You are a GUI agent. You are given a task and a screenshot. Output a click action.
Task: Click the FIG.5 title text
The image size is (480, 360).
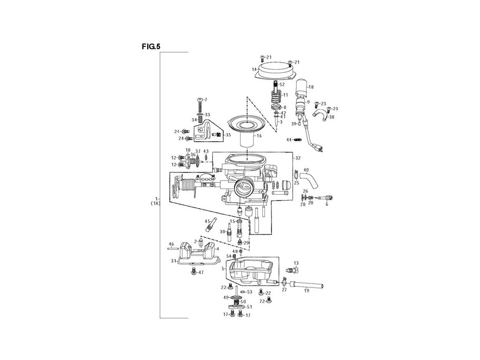coord(151,46)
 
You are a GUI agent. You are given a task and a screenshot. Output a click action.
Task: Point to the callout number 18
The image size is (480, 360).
coord(311,87)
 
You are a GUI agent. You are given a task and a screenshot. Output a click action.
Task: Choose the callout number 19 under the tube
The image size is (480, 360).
coord(307,291)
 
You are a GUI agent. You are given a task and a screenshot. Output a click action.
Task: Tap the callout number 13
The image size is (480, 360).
coord(296,263)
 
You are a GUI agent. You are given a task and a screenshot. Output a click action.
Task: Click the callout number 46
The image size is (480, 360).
coord(171,244)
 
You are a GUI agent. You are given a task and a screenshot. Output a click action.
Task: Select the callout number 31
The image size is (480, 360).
coord(173,261)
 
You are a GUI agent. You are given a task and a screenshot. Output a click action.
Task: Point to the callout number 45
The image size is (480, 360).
coord(206,221)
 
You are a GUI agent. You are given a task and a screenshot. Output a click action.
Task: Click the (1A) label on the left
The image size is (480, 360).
coord(156,204)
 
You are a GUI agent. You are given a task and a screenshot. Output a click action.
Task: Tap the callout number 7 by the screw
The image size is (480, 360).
coord(205,99)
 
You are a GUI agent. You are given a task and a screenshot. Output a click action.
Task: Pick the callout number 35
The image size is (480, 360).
coord(228,135)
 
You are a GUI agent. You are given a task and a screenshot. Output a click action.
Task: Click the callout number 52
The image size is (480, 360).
coord(282,84)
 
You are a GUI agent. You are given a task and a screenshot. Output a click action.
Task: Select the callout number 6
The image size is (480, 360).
coord(326,204)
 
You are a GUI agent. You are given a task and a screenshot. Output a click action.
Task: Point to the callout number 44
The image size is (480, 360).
coord(289,139)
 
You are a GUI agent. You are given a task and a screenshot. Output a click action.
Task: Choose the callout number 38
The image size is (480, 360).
coord(332,117)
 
